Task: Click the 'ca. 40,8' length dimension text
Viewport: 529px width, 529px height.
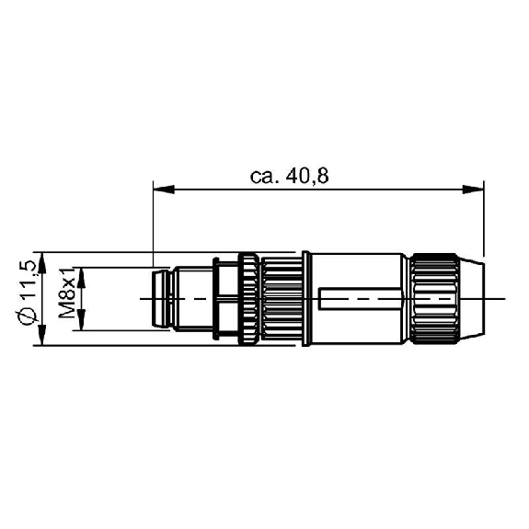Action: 289,177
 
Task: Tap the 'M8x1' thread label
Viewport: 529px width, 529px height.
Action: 67,293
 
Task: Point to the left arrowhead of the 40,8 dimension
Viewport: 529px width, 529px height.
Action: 164,190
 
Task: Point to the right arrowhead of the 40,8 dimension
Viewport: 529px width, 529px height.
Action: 473,190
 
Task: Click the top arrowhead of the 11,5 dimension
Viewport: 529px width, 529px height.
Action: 41,262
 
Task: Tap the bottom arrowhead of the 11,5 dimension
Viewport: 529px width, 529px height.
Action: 41,335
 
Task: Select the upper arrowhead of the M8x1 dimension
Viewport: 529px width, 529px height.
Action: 81,278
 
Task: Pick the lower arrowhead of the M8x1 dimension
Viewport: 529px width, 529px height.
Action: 81,320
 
